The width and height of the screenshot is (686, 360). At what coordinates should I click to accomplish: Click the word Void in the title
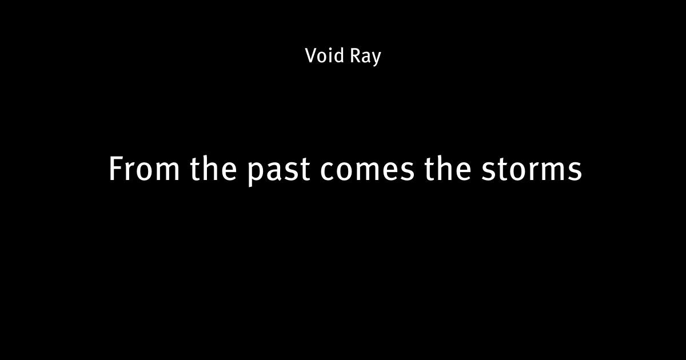click(x=324, y=55)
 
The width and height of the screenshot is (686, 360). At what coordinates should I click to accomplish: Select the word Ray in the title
click(x=365, y=57)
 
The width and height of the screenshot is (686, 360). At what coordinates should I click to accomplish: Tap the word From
click(x=144, y=169)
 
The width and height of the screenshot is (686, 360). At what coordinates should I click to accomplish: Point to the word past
click(x=278, y=171)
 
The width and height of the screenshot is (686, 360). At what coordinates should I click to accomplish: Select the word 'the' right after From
click(x=213, y=168)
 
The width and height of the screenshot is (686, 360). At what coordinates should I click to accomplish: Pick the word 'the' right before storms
click(x=448, y=168)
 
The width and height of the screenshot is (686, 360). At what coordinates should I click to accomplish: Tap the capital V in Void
click(x=312, y=56)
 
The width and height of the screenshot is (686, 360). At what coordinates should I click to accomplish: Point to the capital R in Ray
click(x=355, y=56)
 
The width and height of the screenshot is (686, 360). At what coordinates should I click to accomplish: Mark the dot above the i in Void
click(x=330, y=49)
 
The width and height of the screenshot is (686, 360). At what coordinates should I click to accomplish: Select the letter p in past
click(x=256, y=173)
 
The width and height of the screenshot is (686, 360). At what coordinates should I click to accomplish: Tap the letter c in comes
click(x=327, y=171)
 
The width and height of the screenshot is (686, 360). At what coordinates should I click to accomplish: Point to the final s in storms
click(x=575, y=171)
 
